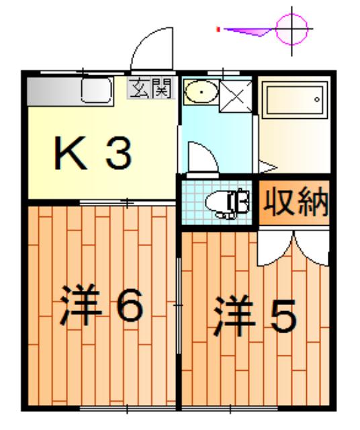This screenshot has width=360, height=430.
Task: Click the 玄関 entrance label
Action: coord(150,87)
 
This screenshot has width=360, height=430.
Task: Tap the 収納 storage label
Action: coord(294,202)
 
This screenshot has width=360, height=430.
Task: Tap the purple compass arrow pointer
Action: coord(249,30)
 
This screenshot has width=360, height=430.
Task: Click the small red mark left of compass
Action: coord(218,29)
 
